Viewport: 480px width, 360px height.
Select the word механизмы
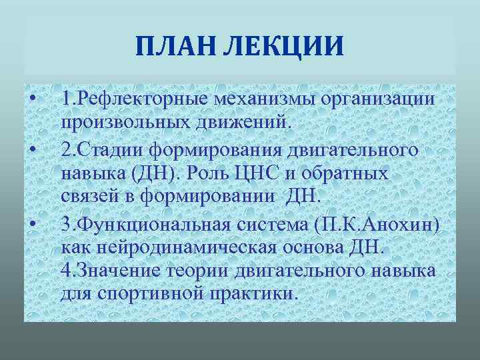click(x=265, y=99)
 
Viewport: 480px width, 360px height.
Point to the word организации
click(x=378, y=99)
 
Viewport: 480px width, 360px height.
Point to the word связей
click(x=87, y=197)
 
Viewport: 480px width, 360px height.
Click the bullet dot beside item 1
click(x=32, y=100)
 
